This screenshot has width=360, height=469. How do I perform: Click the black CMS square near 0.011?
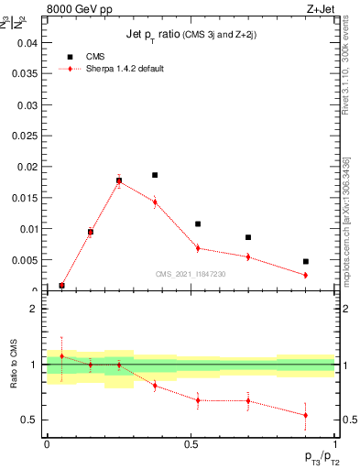198,224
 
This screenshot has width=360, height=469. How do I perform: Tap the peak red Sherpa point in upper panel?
119,181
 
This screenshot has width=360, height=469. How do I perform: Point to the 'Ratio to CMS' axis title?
14,364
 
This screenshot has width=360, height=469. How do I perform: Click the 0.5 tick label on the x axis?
190,444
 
